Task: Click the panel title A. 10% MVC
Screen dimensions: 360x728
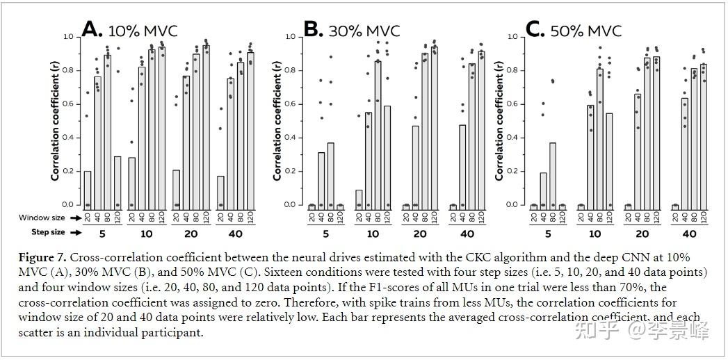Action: pos(129,30)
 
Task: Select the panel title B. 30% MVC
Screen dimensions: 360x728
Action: pos(352,30)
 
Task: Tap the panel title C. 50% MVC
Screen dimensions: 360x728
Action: pos(574,30)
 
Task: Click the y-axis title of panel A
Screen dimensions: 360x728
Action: pos(56,120)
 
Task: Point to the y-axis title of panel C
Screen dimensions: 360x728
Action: pos(499,120)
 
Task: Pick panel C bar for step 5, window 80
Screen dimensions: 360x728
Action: pos(552,174)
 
